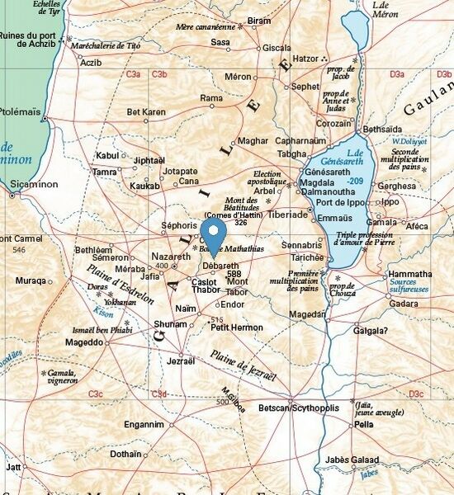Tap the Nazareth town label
coord(171,257)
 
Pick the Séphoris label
coord(179,224)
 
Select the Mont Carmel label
coord(21,238)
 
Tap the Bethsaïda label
coord(382,130)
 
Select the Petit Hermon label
coord(237,328)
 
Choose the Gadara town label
coord(404,304)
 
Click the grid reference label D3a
coord(397,74)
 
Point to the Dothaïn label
coord(125,454)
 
